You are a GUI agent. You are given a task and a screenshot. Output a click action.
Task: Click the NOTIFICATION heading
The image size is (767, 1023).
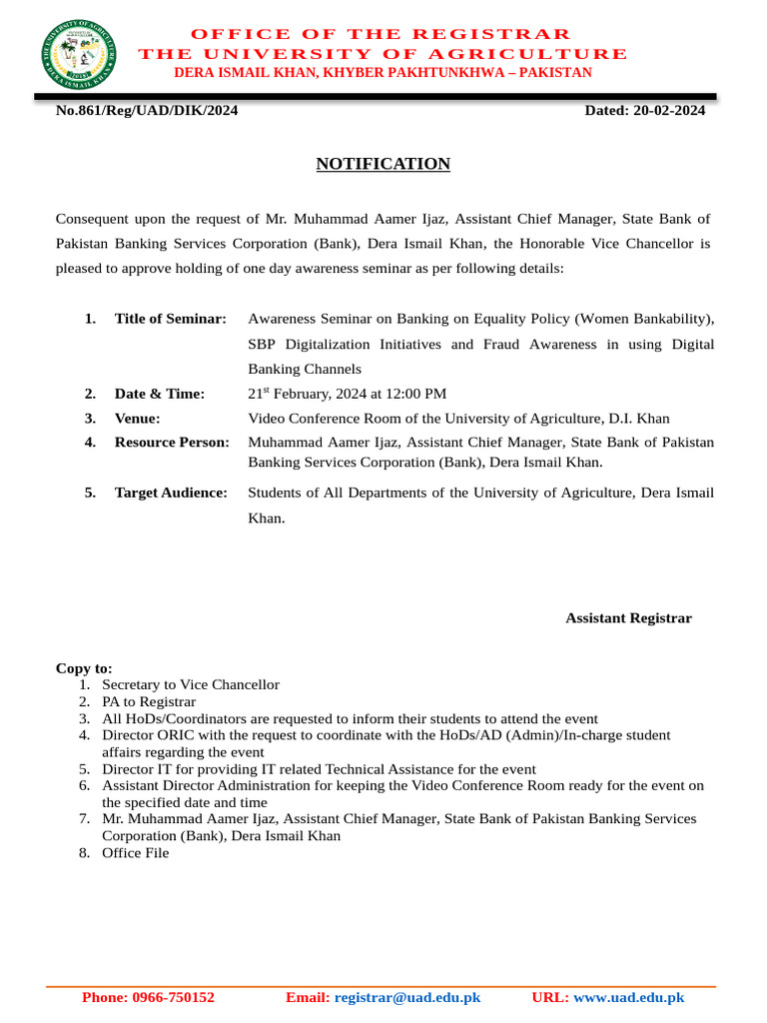(383, 164)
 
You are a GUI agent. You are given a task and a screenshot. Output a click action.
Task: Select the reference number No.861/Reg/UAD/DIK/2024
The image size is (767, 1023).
(147, 111)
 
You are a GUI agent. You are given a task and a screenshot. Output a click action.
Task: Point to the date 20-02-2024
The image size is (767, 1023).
(669, 111)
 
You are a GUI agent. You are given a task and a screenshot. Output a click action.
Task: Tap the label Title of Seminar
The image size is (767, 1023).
(171, 319)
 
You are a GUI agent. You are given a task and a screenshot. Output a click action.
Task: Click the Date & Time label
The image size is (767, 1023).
(160, 395)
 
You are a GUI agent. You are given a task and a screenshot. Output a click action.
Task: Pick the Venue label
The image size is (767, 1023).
(138, 419)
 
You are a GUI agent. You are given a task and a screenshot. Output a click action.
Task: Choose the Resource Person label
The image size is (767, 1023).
(172, 442)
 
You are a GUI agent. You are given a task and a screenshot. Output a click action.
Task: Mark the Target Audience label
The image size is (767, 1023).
(171, 493)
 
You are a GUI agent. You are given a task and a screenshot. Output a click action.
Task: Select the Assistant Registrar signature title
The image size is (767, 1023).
(628, 618)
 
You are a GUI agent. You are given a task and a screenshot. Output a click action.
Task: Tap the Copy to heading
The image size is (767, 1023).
(84, 668)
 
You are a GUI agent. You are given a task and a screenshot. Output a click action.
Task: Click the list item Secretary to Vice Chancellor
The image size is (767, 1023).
(191, 685)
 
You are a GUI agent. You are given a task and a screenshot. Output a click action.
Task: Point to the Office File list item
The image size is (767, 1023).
(136, 853)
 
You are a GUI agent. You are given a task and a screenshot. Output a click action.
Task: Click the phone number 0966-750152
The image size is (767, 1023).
(175, 997)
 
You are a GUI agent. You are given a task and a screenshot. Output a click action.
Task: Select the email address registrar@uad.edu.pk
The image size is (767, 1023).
(407, 997)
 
